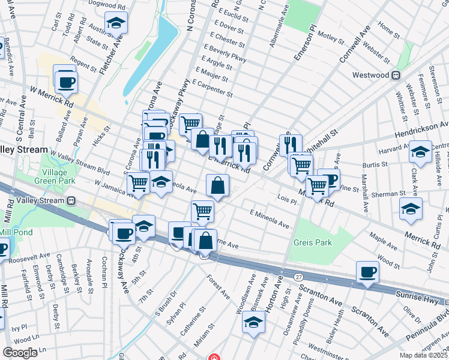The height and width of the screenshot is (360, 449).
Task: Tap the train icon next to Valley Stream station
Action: pos(71,200)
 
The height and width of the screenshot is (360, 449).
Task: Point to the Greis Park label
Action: pos(313,242)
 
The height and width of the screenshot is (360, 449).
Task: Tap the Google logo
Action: pos(20,353)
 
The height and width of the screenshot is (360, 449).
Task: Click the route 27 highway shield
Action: pos(298,275)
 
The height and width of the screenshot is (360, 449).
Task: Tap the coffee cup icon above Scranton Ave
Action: pos(367,272)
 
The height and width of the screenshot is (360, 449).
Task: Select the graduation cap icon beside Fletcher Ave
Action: pos(115,23)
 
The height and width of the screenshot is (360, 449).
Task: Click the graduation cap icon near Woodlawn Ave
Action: pos(254,322)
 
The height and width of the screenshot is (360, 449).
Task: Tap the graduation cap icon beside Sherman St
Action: pos(411,208)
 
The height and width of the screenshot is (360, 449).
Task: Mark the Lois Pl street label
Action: pos(287,199)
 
